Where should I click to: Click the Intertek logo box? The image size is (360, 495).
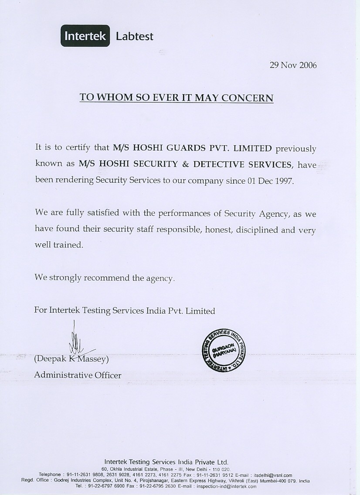[85, 36]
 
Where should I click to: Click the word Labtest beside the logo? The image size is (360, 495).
[135, 37]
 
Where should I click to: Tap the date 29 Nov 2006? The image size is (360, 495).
[293, 65]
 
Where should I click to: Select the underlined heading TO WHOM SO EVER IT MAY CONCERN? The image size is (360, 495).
[177, 97]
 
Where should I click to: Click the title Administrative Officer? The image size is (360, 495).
[78, 375]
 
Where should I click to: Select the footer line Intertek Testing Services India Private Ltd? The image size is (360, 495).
[166, 462]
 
